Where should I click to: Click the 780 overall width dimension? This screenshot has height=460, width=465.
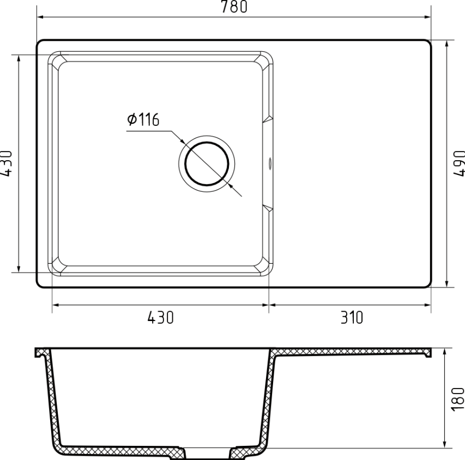(x=234, y=7)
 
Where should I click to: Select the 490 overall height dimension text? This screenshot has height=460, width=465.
(x=460, y=162)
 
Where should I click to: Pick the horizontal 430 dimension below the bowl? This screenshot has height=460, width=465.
(x=161, y=317)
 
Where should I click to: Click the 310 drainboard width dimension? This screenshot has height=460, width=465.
(x=352, y=317)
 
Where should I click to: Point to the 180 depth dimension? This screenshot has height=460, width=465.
(x=458, y=398)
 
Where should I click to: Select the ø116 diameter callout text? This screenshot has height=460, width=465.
(x=143, y=119)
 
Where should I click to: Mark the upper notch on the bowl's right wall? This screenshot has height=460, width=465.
(x=267, y=119)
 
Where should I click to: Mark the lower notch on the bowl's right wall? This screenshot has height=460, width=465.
(x=267, y=208)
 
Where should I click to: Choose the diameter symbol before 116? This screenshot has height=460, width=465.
(x=131, y=119)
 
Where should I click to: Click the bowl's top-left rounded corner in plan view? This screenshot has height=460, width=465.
(x=54, y=57)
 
